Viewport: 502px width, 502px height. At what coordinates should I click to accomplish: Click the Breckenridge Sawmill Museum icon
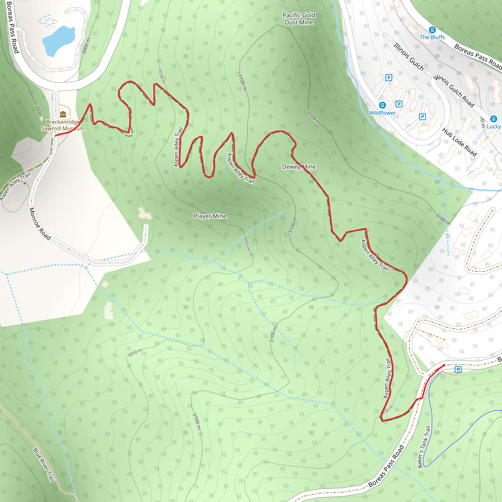63,114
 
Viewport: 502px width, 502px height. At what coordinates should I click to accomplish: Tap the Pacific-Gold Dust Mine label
299,19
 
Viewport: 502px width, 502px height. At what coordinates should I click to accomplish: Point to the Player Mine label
210,216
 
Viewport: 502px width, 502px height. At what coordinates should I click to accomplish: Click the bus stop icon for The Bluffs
432,30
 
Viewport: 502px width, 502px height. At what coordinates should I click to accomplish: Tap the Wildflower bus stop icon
382,105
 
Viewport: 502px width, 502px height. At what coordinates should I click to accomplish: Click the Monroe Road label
39,224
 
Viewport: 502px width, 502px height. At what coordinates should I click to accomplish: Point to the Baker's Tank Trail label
424,447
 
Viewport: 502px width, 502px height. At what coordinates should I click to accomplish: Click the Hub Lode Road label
459,142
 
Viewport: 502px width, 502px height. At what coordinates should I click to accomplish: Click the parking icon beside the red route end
458,369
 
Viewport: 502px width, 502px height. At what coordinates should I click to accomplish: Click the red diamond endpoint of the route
444,365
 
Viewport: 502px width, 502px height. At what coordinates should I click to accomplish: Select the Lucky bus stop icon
493,119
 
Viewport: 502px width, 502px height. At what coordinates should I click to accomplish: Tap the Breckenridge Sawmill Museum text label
63,125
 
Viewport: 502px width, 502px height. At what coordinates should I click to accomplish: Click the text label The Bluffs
432,38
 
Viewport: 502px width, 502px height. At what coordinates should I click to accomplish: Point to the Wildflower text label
382,113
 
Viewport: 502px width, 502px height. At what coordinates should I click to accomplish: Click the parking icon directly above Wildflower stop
389,78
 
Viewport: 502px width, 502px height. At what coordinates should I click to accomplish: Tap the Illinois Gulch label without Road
408,57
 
